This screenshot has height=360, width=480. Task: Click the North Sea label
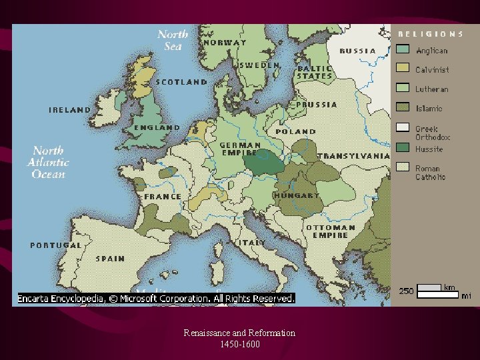(173, 40)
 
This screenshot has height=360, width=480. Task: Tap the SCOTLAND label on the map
(181, 82)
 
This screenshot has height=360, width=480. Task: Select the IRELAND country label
(69, 110)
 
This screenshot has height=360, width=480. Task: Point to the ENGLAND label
(157, 127)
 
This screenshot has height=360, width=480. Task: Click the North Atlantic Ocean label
(49, 163)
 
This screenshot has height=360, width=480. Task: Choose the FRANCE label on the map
(163, 197)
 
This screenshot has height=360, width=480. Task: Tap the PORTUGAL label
(55, 245)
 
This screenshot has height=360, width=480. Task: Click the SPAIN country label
(110, 259)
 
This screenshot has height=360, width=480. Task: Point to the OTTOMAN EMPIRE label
(330, 231)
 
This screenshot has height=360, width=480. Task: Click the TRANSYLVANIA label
(353, 156)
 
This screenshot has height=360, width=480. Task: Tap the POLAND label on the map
(296, 132)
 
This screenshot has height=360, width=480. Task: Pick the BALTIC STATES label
(315, 72)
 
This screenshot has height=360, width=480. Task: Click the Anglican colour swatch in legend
(403, 49)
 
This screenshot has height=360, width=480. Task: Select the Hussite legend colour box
(403, 147)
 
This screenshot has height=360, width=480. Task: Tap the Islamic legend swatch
(403, 107)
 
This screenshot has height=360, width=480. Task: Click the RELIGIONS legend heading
(431, 33)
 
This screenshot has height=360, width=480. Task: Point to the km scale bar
(429, 287)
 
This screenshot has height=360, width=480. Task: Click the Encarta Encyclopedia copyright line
(156, 299)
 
